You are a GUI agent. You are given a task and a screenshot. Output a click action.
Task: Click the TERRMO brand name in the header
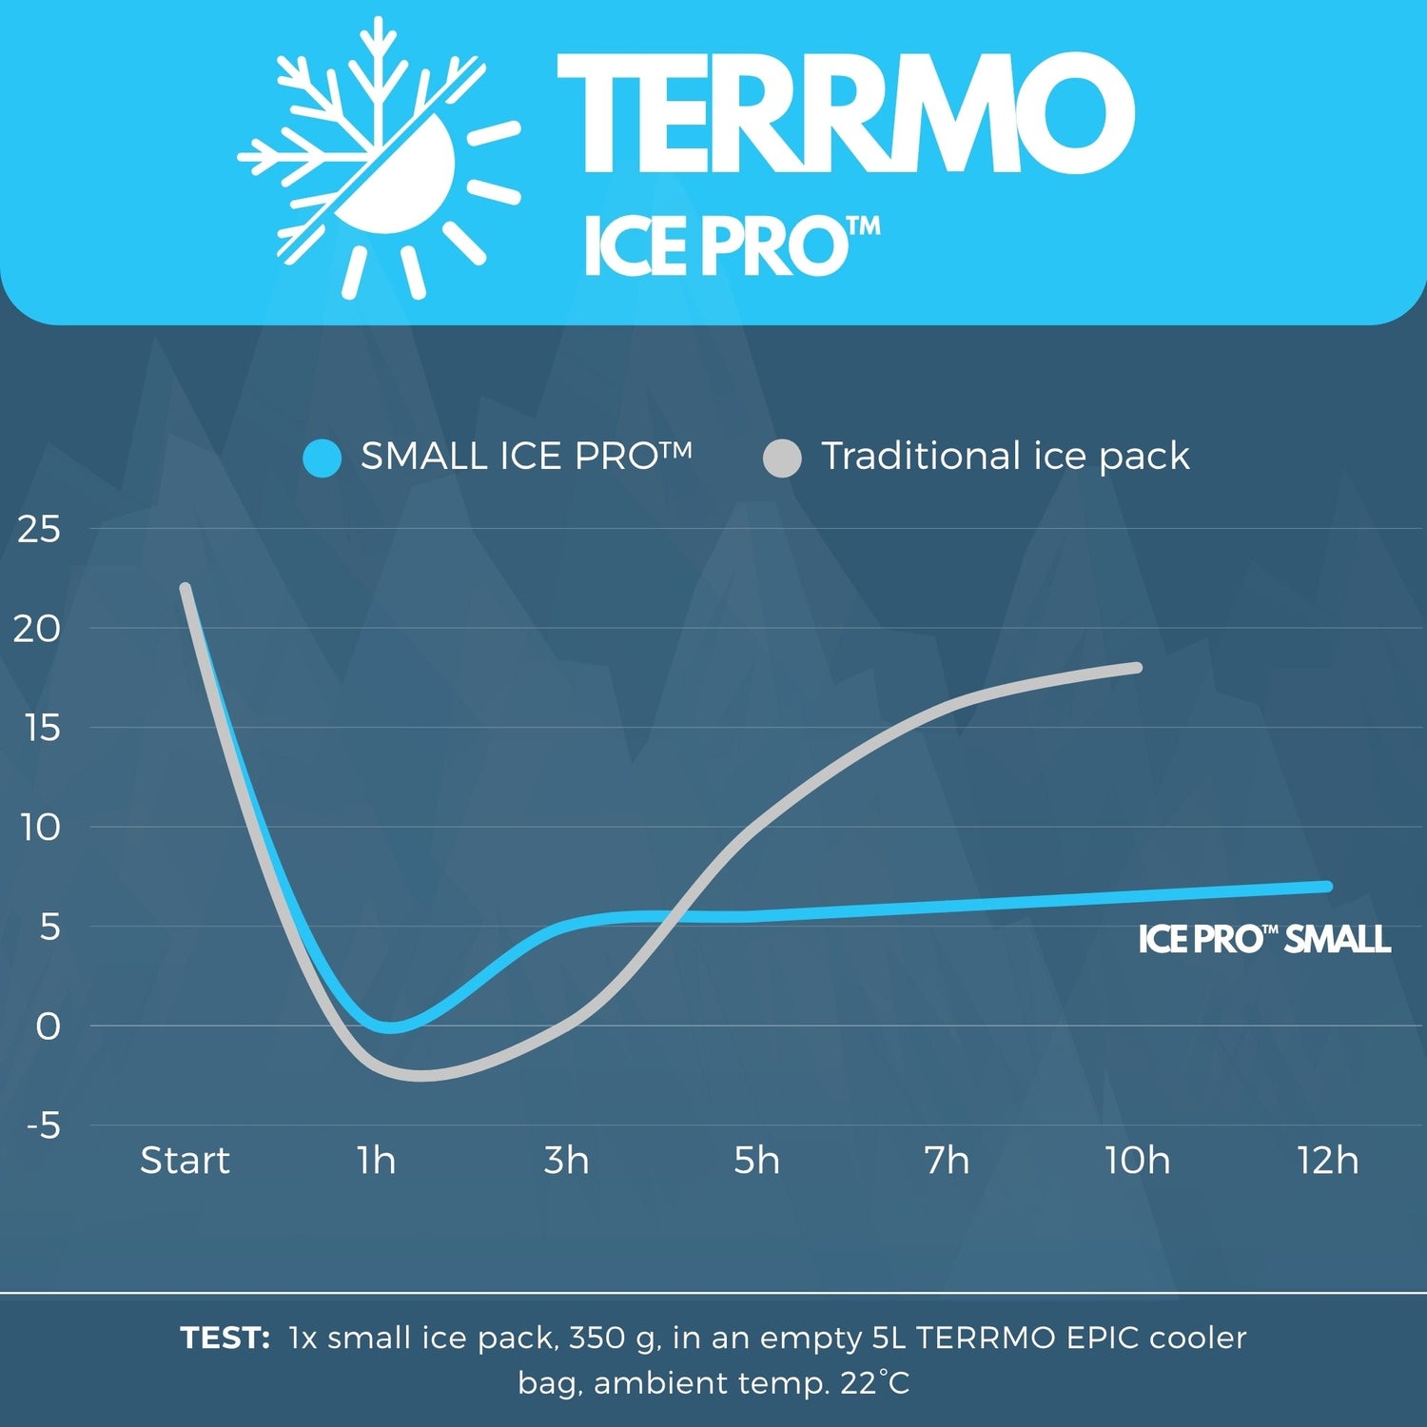[x=845, y=114]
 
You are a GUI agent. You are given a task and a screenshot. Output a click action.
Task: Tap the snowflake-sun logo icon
[x=379, y=158]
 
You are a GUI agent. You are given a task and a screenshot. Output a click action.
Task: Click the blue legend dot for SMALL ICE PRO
[x=323, y=459]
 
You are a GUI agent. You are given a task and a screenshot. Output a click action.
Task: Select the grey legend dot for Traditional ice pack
[x=782, y=459]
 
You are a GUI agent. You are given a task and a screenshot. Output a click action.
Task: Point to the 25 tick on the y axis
[x=38, y=530]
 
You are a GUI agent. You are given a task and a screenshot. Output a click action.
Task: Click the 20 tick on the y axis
[x=38, y=629]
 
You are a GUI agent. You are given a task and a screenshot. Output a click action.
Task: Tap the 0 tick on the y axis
[x=48, y=1026]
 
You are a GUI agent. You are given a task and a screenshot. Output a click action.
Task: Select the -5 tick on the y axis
[x=44, y=1126]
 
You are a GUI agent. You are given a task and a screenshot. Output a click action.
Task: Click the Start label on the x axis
[x=185, y=1161]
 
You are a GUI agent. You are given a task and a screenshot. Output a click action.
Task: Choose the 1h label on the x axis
[x=376, y=1161]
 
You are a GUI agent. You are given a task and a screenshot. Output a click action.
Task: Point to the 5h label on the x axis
[x=756, y=1161]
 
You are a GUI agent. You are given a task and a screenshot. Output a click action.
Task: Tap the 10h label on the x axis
[x=1137, y=1161]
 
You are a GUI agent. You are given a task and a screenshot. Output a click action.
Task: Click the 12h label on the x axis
[x=1328, y=1161]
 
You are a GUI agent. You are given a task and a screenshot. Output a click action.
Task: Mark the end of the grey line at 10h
[x=1137, y=668]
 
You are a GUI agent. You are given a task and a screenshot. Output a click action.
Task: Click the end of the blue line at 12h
[x=1327, y=887]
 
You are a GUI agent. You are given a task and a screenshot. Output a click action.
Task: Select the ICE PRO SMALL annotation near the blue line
[x=1264, y=940]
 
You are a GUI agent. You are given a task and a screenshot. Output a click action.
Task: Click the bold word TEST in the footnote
[x=225, y=1339]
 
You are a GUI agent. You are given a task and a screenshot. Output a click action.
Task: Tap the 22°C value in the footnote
[x=875, y=1382]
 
